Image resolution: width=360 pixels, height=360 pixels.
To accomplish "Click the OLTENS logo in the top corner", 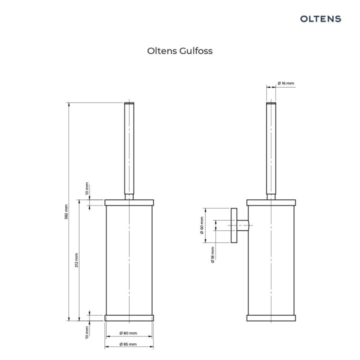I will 320,18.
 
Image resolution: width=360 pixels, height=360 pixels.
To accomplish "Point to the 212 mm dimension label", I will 76,259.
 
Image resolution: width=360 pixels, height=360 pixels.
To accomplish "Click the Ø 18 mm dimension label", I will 212,254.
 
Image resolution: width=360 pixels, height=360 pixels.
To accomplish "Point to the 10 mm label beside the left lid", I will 86,188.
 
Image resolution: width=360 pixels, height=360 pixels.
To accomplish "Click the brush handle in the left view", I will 129,150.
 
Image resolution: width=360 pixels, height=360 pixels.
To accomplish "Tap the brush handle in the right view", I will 270,150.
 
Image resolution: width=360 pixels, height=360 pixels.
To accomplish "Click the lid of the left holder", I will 129,202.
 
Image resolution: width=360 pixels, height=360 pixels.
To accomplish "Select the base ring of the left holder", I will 129,317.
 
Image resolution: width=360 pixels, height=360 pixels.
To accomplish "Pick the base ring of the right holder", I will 270,317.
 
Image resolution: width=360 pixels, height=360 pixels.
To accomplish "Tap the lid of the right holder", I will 270,202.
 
